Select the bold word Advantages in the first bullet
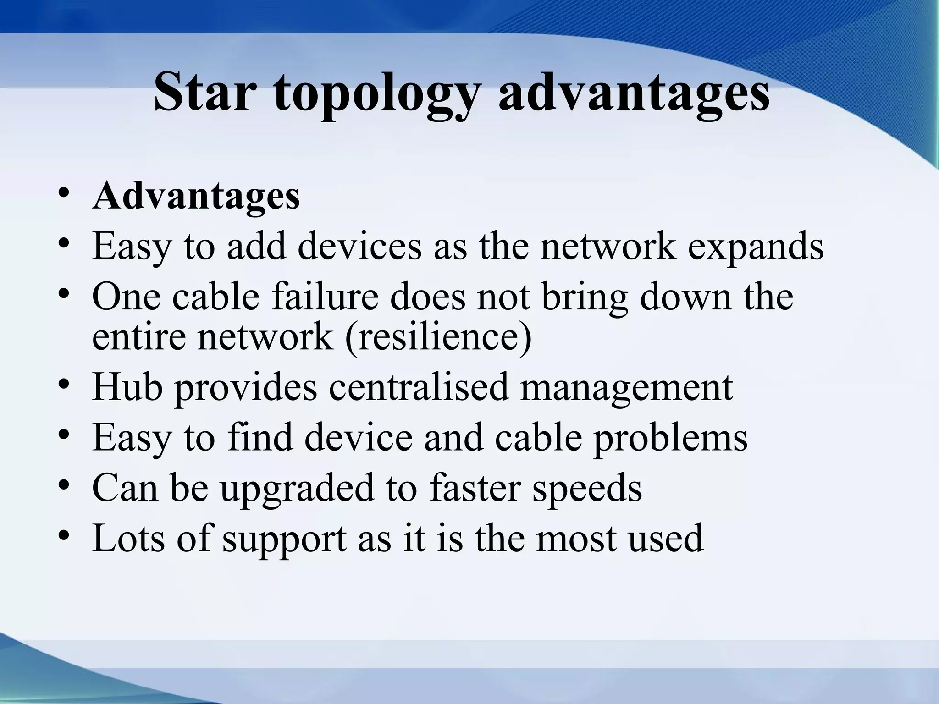(x=196, y=196)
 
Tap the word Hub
(x=127, y=387)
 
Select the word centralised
(x=418, y=387)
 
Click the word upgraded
(x=297, y=489)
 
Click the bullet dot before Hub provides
(x=64, y=383)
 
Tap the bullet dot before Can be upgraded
(x=64, y=484)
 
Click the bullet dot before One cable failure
(x=64, y=292)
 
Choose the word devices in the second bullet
(x=359, y=247)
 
